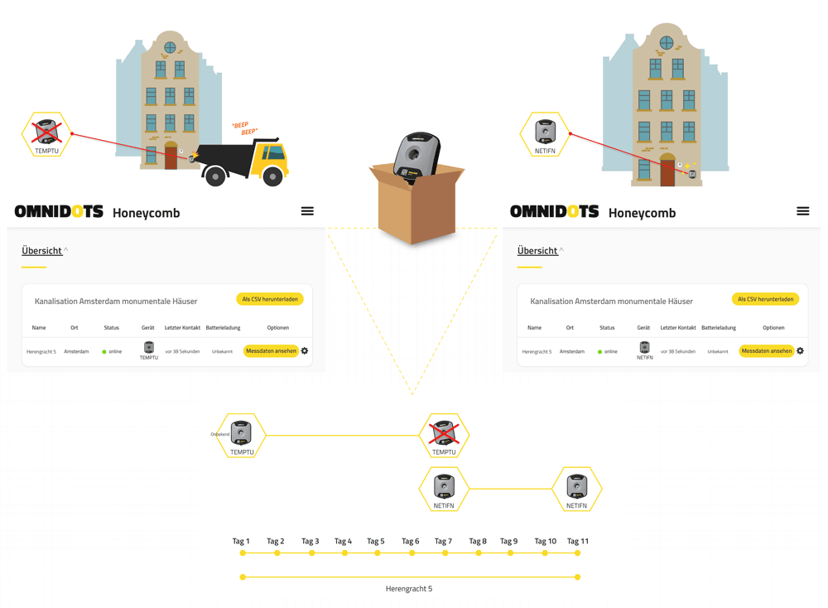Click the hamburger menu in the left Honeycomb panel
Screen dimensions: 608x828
(x=307, y=211)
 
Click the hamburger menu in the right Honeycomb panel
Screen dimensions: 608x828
(x=802, y=211)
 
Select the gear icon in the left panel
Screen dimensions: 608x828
(x=305, y=351)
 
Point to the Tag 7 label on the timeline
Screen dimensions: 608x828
(x=443, y=541)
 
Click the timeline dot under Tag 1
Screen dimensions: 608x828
(x=243, y=553)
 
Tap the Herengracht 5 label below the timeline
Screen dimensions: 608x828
(x=409, y=589)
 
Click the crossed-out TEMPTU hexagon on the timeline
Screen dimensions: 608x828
(x=444, y=436)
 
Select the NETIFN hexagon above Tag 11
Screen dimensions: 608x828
(x=576, y=489)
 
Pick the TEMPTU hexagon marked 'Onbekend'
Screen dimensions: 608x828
(x=241, y=436)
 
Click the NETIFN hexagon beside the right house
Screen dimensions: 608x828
(x=545, y=134)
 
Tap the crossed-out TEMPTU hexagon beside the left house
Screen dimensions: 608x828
(x=47, y=134)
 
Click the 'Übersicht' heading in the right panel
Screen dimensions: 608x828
(x=537, y=250)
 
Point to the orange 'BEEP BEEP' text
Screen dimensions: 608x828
(x=245, y=128)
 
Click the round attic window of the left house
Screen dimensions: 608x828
(x=170, y=47)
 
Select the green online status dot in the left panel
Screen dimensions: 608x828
(x=104, y=352)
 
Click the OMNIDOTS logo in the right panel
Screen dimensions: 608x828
(x=554, y=212)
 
